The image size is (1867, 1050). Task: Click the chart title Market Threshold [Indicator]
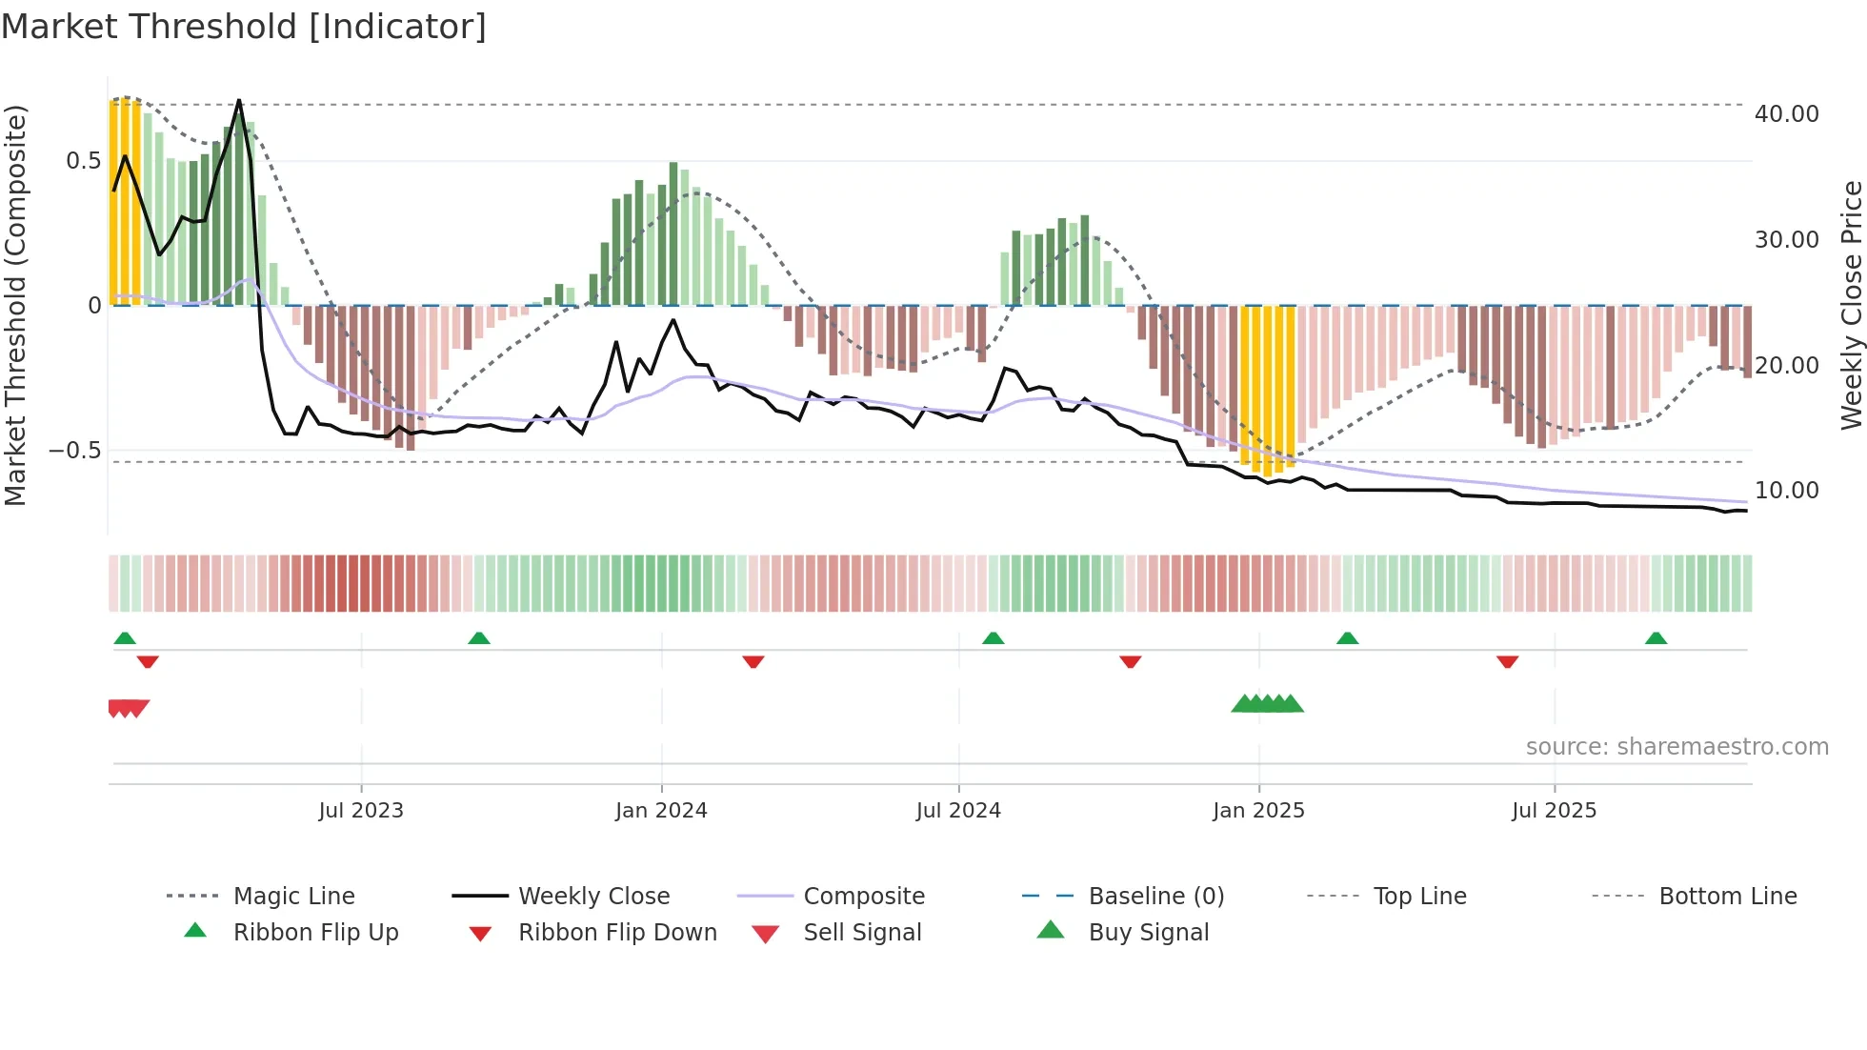point(244,27)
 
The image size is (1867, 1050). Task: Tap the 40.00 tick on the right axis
point(1786,114)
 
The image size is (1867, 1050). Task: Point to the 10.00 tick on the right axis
point(1786,491)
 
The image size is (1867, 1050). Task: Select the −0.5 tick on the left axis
point(74,451)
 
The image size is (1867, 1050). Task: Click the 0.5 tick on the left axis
point(83,161)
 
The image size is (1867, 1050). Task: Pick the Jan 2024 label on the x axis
point(661,811)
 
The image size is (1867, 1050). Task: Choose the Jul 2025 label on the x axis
point(1554,811)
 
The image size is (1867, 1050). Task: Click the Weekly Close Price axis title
point(1851,305)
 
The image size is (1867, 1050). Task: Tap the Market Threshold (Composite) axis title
point(15,305)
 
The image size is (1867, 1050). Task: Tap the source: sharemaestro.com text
point(1676,747)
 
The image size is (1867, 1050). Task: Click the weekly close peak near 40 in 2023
point(239,100)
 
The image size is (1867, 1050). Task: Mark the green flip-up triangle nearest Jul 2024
point(994,638)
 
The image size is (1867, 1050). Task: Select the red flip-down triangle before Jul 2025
point(1507,661)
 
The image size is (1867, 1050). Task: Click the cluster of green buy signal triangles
point(1267,704)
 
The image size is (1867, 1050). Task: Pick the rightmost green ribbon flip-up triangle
point(1656,638)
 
